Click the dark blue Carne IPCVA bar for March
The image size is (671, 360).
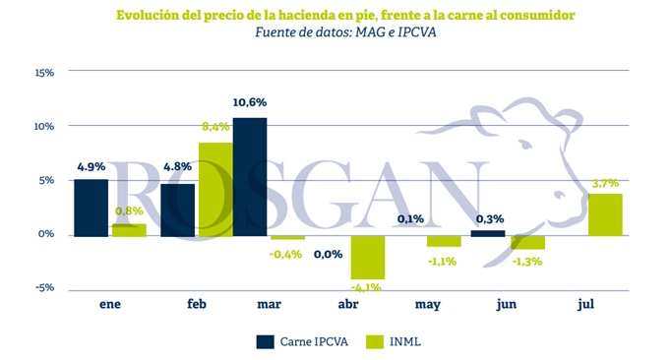click(x=250, y=177)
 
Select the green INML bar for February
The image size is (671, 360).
click(x=216, y=189)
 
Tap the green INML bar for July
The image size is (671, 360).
click(x=605, y=214)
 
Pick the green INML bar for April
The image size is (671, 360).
click(x=368, y=258)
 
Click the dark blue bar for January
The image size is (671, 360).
click(x=91, y=208)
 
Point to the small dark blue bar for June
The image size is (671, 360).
click(x=488, y=233)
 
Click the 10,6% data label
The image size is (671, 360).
click(x=250, y=102)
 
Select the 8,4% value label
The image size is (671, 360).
click(x=215, y=127)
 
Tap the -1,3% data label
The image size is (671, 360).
click(x=527, y=261)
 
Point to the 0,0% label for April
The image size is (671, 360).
click(x=329, y=255)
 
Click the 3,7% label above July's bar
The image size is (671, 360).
click(x=605, y=183)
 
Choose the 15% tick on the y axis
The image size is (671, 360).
click(x=44, y=73)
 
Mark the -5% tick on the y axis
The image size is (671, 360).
click(x=44, y=287)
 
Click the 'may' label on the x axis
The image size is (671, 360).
click(x=428, y=304)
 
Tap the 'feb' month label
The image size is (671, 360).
click(x=197, y=304)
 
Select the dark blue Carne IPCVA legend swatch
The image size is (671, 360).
click(x=266, y=342)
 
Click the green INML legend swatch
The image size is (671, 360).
click(x=375, y=342)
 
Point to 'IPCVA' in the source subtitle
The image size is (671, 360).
click(x=417, y=32)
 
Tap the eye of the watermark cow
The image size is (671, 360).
click(x=526, y=145)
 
